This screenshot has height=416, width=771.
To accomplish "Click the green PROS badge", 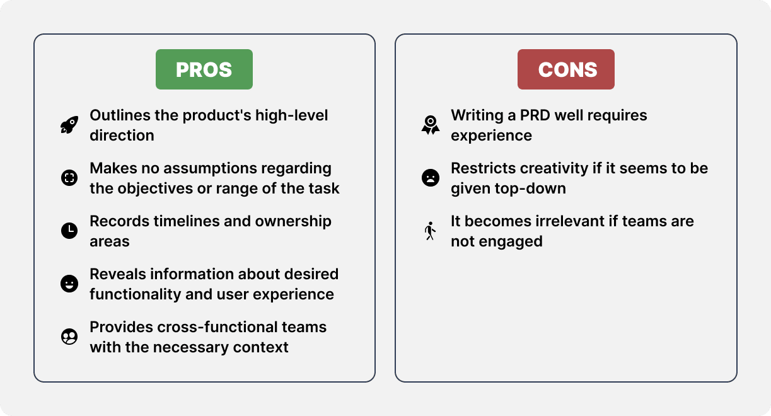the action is point(204,69).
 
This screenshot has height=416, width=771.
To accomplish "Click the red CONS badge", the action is point(566,69).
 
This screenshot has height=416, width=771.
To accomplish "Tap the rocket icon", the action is point(69,125).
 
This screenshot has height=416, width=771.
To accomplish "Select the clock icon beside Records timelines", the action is point(69,231).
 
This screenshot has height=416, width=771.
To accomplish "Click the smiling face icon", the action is point(69,284).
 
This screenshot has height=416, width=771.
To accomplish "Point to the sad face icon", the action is point(430,178).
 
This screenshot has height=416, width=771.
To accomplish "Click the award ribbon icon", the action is point(430,125).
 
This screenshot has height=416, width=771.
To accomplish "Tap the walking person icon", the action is point(430,231).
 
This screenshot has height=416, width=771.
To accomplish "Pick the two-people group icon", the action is point(69,337).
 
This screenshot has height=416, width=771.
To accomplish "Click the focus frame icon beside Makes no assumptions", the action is point(69,178).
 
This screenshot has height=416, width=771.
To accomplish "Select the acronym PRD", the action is point(535,115).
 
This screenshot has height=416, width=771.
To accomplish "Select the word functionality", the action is point(134,295).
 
